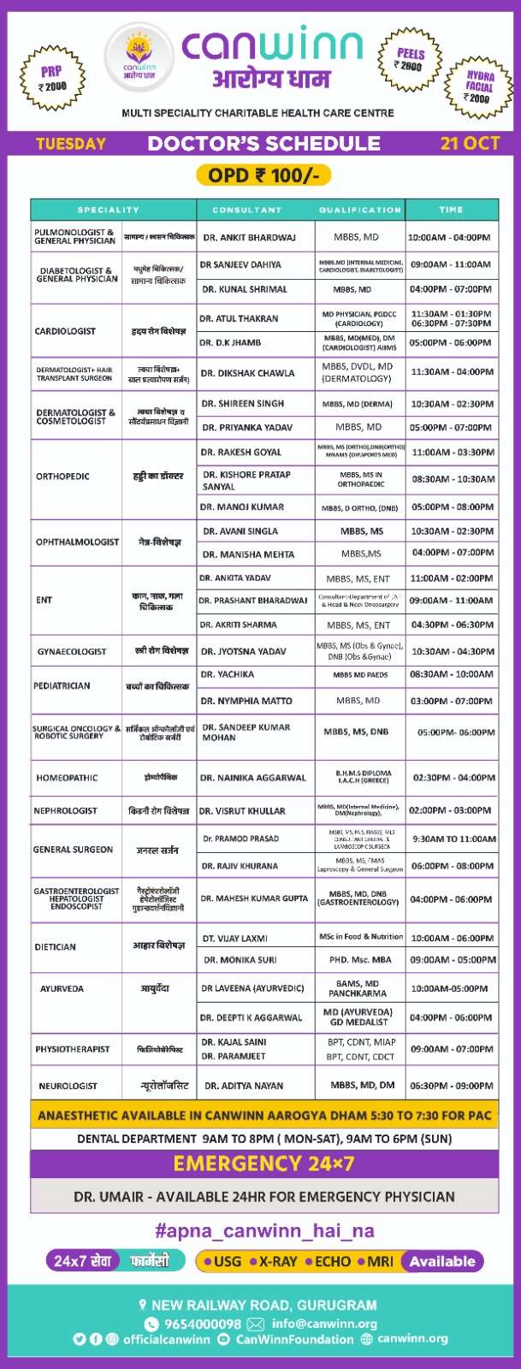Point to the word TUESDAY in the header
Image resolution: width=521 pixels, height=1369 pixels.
tap(71, 143)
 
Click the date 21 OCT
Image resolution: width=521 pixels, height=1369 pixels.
tap(470, 143)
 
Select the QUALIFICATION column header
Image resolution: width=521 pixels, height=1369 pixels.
tap(359, 210)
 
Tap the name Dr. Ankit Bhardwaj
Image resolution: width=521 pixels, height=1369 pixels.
tap(250, 237)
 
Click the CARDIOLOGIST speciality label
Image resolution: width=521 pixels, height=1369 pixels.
tap(65, 330)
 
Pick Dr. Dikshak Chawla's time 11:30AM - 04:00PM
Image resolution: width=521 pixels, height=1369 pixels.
tap(452, 372)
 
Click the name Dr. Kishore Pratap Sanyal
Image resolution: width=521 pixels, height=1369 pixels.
tap(246, 480)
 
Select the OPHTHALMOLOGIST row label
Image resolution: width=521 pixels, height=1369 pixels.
tap(77, 542)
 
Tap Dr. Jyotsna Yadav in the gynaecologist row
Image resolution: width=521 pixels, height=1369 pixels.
tap(243, 651)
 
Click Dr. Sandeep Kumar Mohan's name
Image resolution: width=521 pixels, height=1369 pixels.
tap(246, 732)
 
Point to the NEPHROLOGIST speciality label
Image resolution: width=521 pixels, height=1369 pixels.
tap(65, 810)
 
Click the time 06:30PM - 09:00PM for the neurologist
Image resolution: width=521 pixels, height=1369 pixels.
tap(451, 1085)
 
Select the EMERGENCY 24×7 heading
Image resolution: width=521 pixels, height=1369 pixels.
tap(263, 1164)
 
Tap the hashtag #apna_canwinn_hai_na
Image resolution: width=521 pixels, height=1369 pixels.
tap(264, 1230)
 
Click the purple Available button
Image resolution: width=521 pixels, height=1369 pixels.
tap(441, 1261)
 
